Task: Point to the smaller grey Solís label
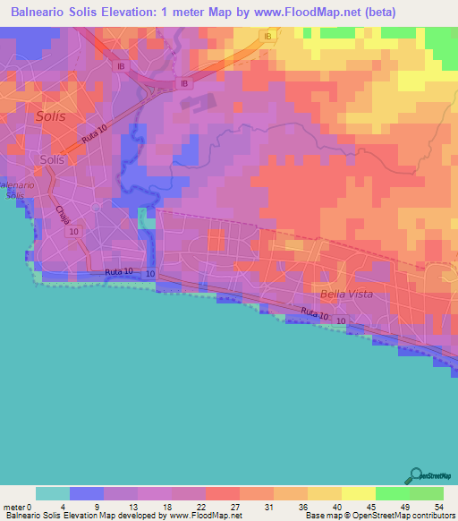coord(52,159)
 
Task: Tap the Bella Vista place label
coord(345,294)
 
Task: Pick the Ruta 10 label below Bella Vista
coord(315,312)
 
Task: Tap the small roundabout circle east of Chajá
coord(96,207)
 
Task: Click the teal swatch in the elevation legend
coord(53,493)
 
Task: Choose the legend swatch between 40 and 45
coord(358,493)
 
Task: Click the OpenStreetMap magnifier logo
coord(414,475)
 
